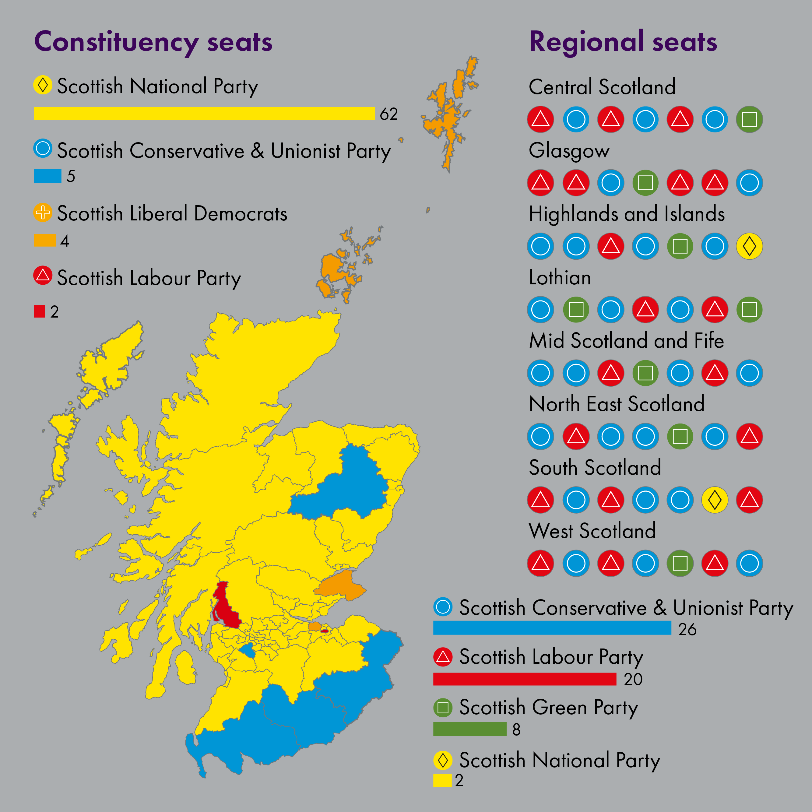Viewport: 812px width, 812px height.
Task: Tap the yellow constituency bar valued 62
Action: click(x=204, y=114)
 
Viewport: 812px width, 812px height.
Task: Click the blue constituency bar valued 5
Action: click(x=47, y=176)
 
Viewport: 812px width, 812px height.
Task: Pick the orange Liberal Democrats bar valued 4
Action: click(x=44, y=241)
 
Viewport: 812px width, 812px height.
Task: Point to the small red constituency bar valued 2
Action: click(x=40, y=311)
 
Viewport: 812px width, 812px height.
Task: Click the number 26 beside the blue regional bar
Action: click(x=687, y=630)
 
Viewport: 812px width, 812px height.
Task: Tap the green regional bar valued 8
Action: click(x=469, y=729)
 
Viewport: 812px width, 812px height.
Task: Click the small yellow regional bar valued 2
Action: click(x=442, y=780)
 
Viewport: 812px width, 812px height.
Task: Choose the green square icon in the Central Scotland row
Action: click(x=749, y=119)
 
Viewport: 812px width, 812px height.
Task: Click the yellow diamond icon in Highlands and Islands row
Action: click(x=749, y=246)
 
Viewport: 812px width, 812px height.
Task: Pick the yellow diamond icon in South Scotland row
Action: click(x=715, y=500)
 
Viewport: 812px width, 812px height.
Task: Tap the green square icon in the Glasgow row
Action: click(x=645, y=183)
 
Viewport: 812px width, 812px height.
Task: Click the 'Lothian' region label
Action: click(x=560, y=278)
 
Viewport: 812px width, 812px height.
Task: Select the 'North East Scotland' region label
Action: click(x=617, y=404)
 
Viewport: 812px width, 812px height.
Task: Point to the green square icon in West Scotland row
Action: click(x=680, y=563)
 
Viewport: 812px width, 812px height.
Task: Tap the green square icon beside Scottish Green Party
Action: click(x=443, y=708)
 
